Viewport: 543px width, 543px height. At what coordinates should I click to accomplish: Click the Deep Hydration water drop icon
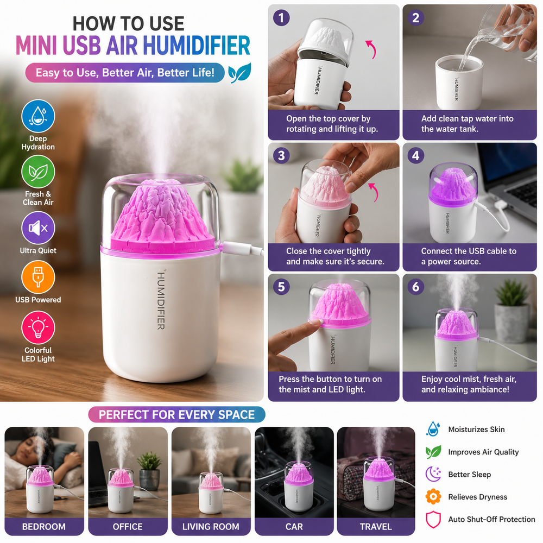[x=38, y=116]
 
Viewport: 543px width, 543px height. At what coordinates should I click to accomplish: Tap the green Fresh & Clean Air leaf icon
[x=38, y=172]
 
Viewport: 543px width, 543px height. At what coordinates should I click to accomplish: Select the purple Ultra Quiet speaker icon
[x=38, y=228]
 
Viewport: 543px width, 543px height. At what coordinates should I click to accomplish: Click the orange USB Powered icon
[x=38, y=277]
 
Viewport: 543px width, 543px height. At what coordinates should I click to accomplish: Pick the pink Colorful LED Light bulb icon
[x=38, y=327]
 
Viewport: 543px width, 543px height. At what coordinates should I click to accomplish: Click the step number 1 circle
[x=281, y=18]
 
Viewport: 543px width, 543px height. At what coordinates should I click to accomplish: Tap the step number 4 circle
[x=415, y=155]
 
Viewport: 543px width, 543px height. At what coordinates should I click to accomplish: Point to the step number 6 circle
[x=415, y=287]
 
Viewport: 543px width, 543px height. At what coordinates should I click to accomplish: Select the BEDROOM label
[x=44, y=527]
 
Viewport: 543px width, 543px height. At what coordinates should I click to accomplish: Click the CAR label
[x=294, y=527]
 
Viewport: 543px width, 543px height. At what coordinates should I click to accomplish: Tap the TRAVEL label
[x=376, y=527]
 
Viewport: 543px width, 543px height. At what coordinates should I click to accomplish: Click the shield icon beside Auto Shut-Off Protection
[x=433, y=520]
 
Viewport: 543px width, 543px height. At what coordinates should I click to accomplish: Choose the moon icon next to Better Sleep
[x=433, y=474]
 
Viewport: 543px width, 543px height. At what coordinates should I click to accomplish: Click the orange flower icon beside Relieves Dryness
[x=433, y=497]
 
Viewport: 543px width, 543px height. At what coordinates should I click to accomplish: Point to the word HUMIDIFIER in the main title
[x=197, y=46]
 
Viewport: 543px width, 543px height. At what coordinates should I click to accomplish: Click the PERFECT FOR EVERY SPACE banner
[x=176, y=414]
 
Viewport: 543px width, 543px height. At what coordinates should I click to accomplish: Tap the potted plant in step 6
[x=511, y=311]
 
